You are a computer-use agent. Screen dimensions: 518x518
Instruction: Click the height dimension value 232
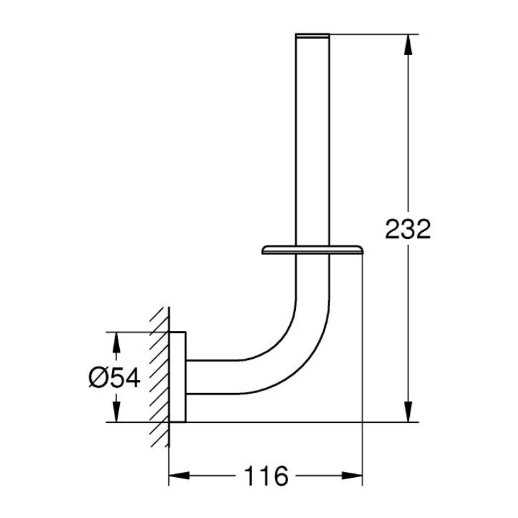(407, 229)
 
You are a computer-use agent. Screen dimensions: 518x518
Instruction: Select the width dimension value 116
(266, 477)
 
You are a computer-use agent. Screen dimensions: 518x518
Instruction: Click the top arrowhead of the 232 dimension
(407, 42)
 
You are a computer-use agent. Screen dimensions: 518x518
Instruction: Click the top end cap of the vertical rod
(312, 35)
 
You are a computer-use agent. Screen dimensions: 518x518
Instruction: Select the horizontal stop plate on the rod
(312, 250)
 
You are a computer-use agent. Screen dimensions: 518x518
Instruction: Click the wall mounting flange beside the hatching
(178, 377)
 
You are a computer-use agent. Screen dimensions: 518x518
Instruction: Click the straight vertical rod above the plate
(312, 142)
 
